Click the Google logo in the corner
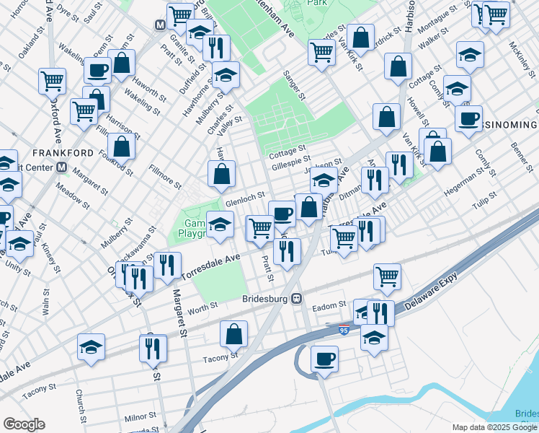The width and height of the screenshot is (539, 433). click(24, 424)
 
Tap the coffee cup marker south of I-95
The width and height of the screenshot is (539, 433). click(324, 359)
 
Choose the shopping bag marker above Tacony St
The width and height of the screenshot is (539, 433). click(233, 334)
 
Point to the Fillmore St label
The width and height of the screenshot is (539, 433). click(164, 180)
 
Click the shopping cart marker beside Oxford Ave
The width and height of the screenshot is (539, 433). click(53, 82)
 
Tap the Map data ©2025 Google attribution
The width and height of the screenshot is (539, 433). click(495, 427)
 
